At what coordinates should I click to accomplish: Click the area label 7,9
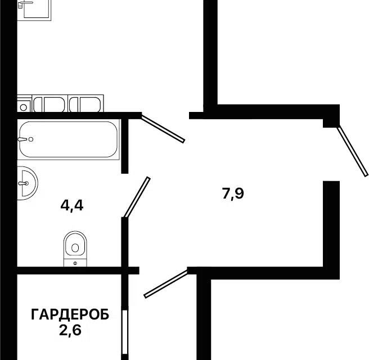[x=234, y=194]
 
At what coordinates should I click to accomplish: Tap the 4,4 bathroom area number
[x=71, y=206]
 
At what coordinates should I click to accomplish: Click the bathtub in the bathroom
[x=68, y=140]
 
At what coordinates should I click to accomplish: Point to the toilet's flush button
[x=74, y=263]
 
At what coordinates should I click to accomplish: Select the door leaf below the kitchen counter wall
[x=163, y=129]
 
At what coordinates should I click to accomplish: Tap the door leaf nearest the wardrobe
[x=166, y=283]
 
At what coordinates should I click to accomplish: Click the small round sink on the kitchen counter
[x=24, y=105]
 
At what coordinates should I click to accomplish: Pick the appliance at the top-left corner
[x=35, y=9]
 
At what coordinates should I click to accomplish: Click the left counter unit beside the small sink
[x=49, y=104]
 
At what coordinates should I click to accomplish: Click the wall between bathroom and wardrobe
[x=67, y=271]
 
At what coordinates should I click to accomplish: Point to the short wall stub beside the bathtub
[x=125, y=145]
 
